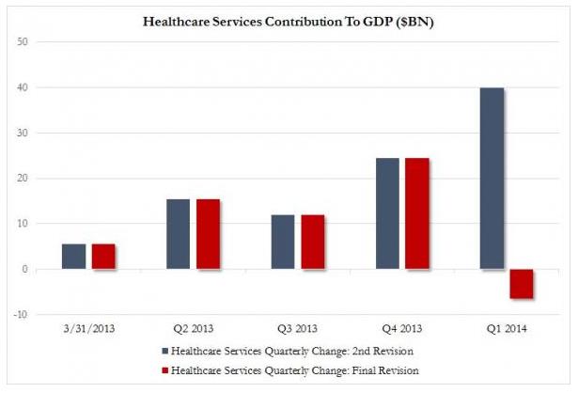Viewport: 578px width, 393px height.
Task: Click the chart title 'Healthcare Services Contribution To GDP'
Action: tap(286, 21)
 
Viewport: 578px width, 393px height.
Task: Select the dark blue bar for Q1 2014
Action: tap(492, 179)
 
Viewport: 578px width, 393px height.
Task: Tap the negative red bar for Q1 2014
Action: tap(521, 284)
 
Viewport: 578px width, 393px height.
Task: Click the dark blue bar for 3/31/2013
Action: tap(73, 257)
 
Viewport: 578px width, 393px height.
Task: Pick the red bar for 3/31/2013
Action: tap(103, 257)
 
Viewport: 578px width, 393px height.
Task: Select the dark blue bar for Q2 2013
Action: tap(178, 234)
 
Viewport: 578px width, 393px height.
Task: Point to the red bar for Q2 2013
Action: tap(208, 234)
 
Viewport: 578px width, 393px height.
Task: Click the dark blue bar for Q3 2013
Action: tap(282, 242)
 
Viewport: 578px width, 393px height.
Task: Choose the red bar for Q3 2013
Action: tap(312, 242)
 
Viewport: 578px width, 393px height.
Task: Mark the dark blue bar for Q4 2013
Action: tap(387, 213)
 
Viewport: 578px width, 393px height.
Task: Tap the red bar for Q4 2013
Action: tap(416, 213)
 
